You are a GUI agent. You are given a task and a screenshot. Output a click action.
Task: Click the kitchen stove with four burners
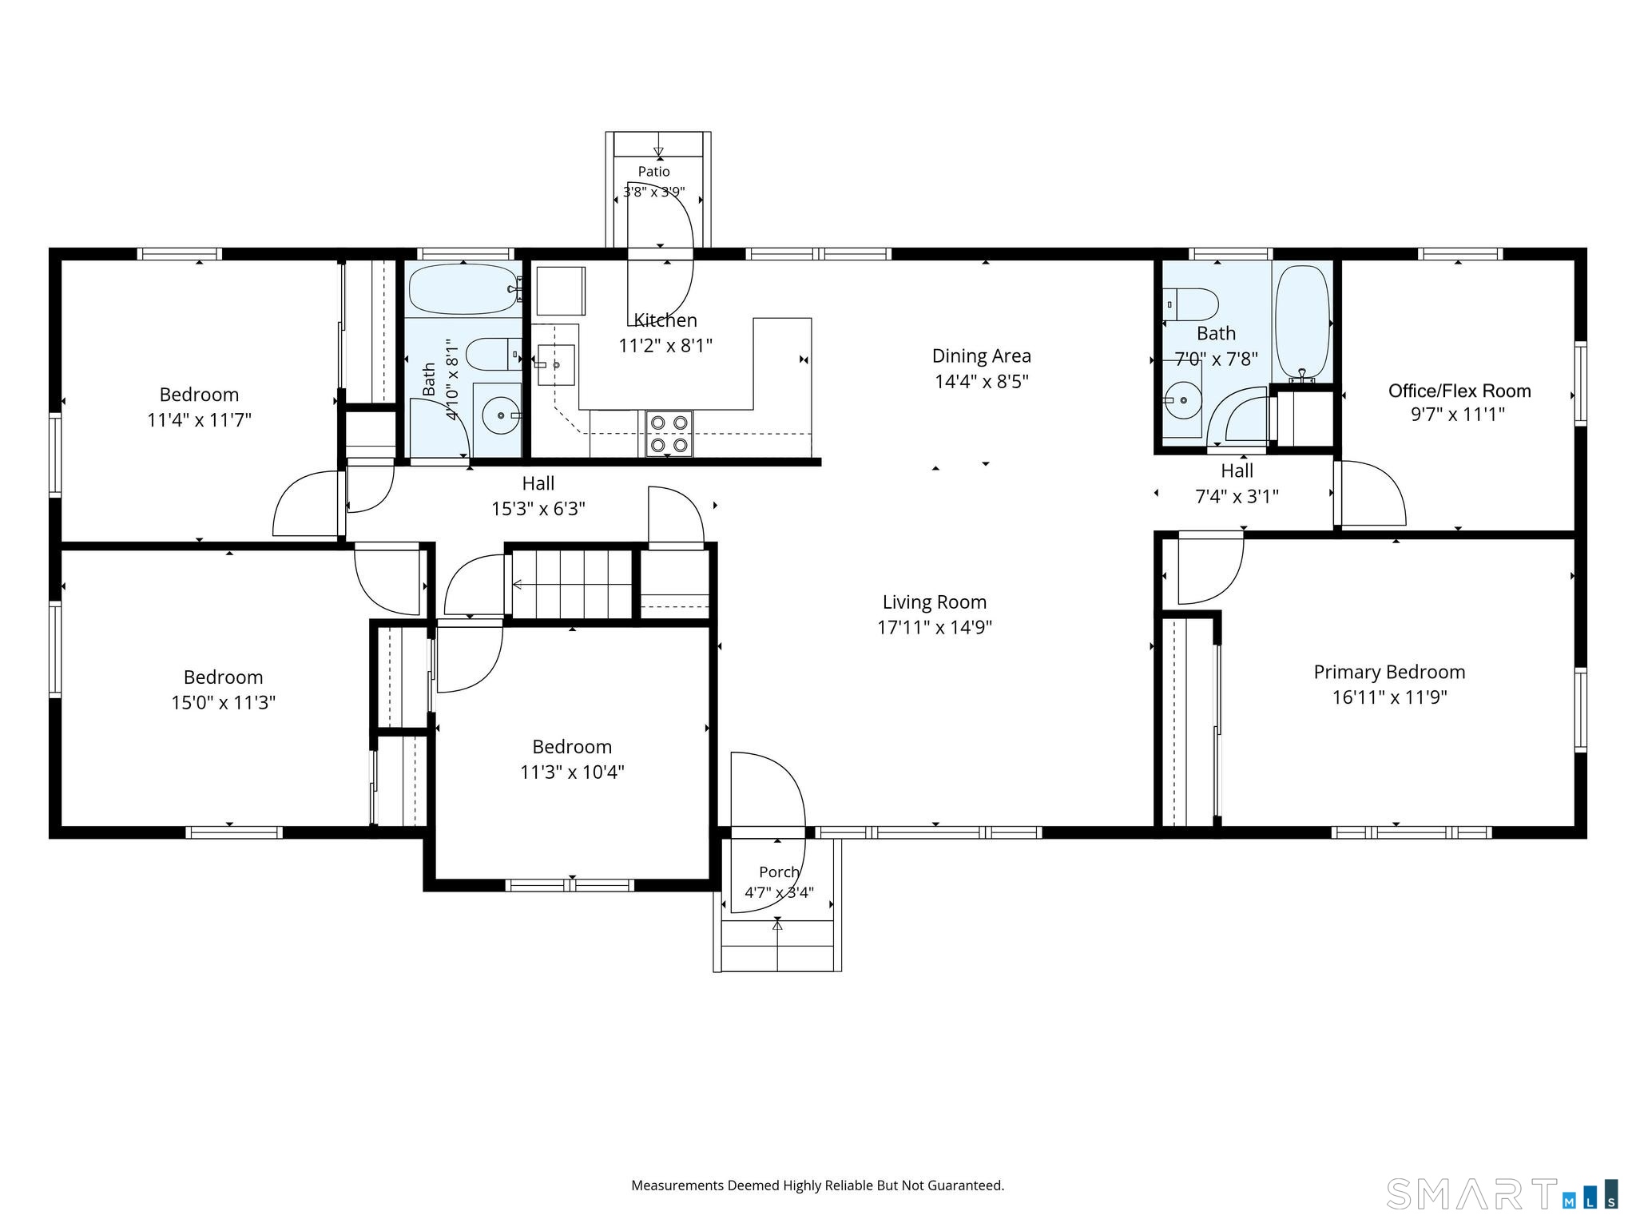point(669,434)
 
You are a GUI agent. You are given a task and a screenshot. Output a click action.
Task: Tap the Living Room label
point(935,602)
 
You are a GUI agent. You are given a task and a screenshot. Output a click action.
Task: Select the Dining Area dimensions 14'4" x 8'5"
point(981,381)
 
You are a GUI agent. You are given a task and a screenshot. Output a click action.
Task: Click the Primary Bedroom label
point(1389,673)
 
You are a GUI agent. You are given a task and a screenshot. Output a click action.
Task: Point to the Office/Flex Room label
point(1459,391)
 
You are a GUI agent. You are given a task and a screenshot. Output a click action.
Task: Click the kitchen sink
point(555,365)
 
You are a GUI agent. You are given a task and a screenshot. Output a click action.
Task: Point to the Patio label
point(653,172)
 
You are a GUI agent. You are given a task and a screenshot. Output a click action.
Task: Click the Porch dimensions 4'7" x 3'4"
point(779,892)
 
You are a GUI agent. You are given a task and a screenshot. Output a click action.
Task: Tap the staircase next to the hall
point(572,585)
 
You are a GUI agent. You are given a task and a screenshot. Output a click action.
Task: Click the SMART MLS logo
point(1503,1193)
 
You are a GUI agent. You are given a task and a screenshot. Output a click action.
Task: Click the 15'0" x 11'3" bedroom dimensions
point(224,703)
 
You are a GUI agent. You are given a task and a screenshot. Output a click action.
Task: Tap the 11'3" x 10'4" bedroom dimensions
point(572,772)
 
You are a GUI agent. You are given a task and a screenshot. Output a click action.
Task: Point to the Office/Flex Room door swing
point(1373,493)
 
